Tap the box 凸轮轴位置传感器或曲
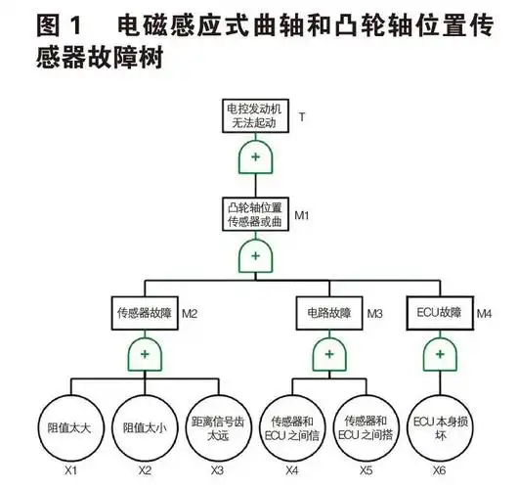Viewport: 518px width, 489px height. tap(257, 214)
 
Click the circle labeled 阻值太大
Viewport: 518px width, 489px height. tap(70, 426)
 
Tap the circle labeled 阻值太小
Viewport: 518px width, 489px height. tap(144, 426)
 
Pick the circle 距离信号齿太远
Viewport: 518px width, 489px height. tap(217, 426)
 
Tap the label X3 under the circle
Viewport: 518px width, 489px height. tap(217, 471)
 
